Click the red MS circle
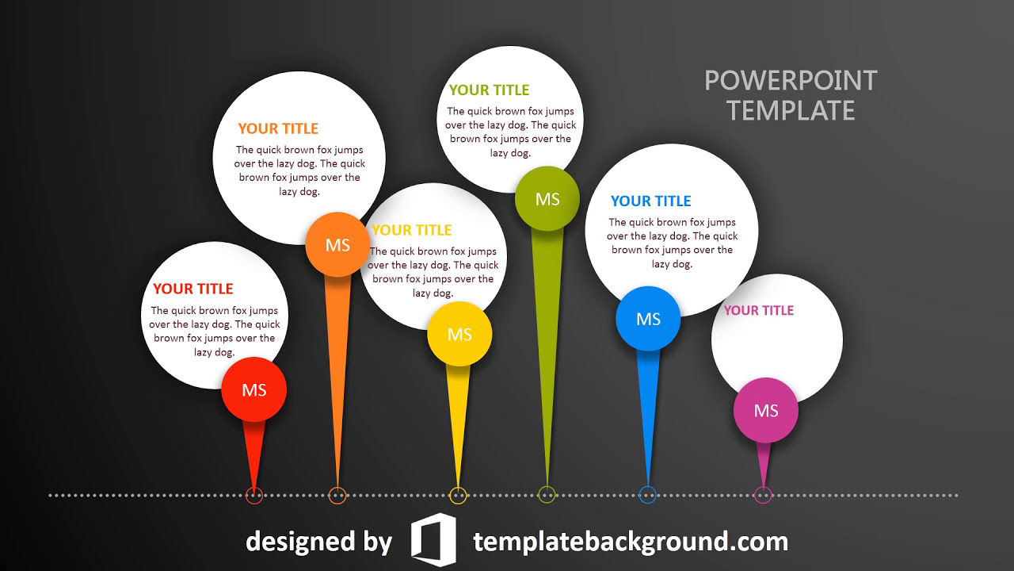pos(254,389)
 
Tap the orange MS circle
pos(337,245)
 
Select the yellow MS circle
pos(459,335)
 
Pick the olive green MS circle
pos(547,199)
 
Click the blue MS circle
pos(648,319)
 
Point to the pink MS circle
pos(766,411)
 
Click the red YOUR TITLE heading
pos(193,289)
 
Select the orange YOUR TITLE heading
pos(278,128)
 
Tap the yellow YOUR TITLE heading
pos(412,230)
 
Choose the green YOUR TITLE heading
pos(489,90)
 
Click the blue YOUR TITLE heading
pos(651,201)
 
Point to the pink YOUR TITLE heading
pos(759,310)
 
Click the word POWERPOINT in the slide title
pos(791,81)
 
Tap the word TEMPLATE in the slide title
pos(791,111)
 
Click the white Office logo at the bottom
pos(433,540)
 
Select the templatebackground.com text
pos(631,542)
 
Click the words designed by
pos(318,542)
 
